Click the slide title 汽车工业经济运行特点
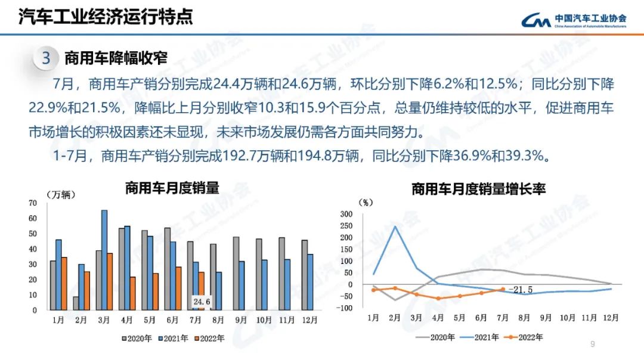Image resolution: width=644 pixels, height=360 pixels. (106, 16)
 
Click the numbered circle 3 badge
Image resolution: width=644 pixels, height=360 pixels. (46, 58)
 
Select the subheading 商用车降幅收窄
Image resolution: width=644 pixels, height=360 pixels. (116, 58)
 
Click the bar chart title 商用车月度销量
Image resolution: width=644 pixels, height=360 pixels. (172, 188)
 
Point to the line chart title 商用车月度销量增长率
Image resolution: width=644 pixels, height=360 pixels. (479, 190)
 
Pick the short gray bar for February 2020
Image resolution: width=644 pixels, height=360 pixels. (76, 303)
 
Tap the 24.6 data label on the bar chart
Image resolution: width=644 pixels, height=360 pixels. (201, 302)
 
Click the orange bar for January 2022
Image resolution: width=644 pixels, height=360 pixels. (64, 284)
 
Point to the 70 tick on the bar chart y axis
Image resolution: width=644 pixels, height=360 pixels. (32, 203)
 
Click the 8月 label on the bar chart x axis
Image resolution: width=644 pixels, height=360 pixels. (219, 319)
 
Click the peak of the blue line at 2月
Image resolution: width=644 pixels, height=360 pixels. (395, 226)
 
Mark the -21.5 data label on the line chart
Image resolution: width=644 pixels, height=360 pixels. (520, 290)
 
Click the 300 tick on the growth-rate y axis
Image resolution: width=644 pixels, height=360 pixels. (346, 214)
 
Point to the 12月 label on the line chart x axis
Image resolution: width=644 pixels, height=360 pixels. (610, 318)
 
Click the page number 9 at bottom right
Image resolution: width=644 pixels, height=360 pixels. (592, 344)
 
